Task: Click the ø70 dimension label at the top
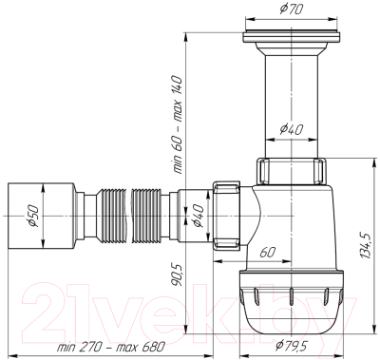291,9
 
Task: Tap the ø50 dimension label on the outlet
33,216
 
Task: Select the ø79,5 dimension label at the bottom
291,346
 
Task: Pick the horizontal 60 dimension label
268,253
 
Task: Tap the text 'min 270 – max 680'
111,347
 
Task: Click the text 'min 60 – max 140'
179,124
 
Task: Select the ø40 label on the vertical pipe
292,129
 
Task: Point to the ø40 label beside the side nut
198,216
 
